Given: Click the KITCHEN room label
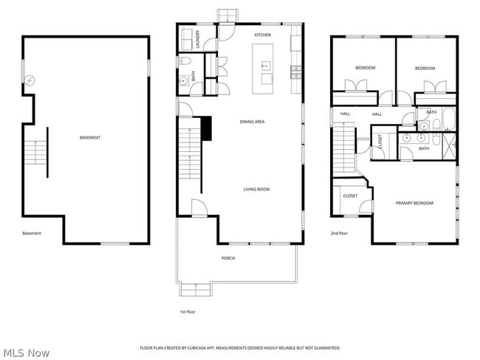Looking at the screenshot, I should [x=263, y=35].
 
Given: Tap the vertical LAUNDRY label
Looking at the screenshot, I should [x=198, y=38].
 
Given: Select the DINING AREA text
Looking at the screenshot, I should [x=252, y=121].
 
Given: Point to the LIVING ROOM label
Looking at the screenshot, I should [x=256, y=189].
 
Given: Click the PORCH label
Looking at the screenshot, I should [x=228, y=257].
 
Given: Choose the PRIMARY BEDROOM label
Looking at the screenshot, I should [x=414, y=203].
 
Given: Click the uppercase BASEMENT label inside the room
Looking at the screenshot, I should [x=90, y=137].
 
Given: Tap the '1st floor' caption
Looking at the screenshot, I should [x=188, y=311].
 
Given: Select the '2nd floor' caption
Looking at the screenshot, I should [x=340, y=232].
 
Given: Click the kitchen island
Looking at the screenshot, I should [x=264, y=68].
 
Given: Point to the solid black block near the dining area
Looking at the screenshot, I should [x=208, y=128].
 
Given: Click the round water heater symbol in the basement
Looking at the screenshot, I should [x=30, y=81].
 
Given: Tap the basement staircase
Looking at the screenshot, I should [x=35, y=153].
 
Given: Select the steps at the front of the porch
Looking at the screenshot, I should [x=193, y=288].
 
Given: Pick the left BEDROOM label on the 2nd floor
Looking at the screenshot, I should [x=365, y=68].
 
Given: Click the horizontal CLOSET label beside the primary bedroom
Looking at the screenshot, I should [x=350, y=195].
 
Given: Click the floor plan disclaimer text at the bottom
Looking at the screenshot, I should [x=240, y=347].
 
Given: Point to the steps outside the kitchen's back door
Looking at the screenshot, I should [x=228, y=15].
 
